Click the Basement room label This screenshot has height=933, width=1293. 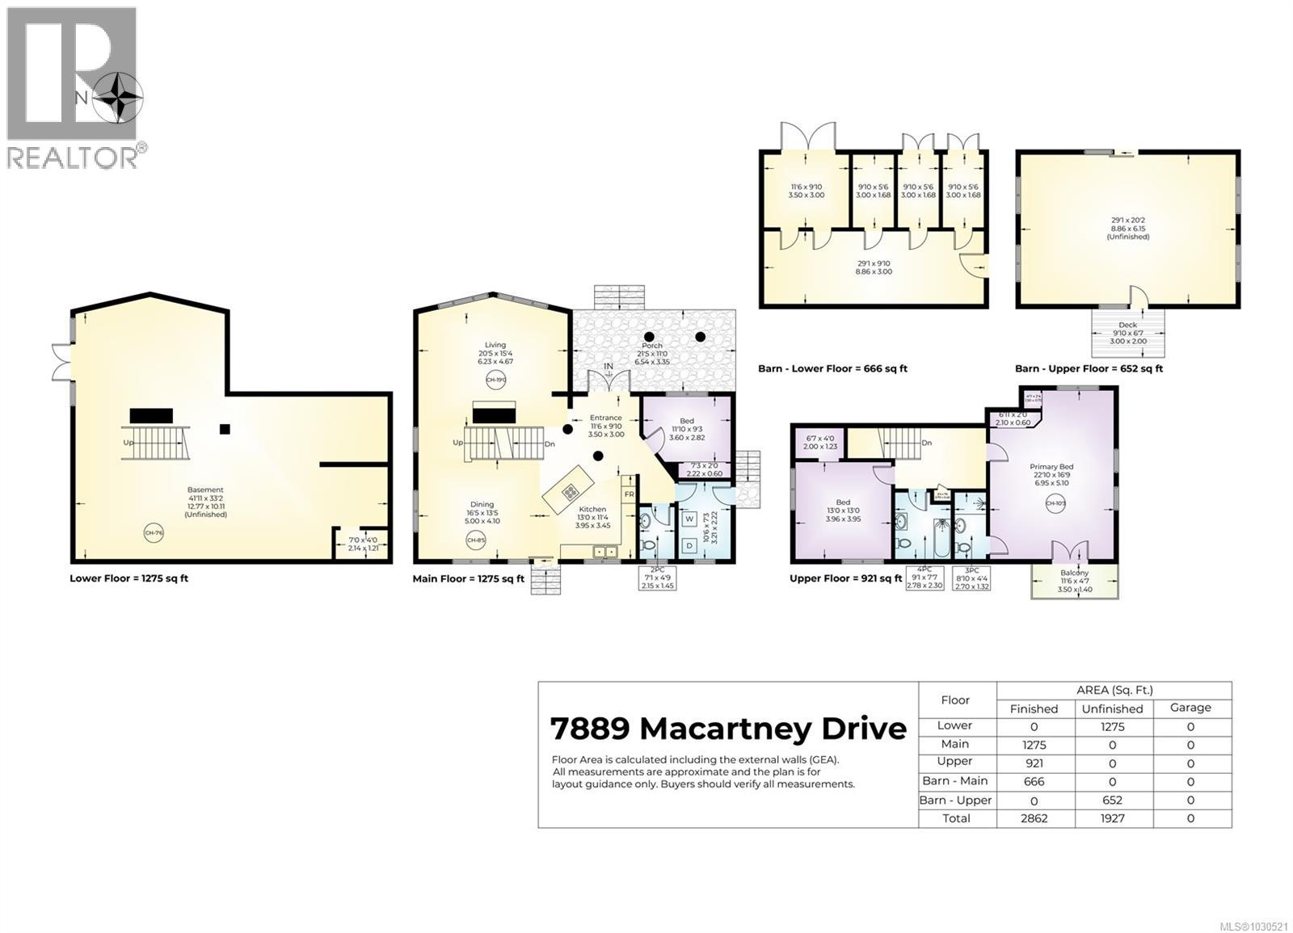click(x=205, y=490)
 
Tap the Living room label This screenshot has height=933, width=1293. click(x=495, y=345)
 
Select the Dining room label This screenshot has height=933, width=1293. click(x=482, y=505)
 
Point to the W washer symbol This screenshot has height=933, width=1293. click(x=690, y=519)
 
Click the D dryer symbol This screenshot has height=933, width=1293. click(x=690, y=545)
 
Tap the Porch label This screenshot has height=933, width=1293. click(x=652, y=346)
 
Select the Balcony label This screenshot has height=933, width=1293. click(x=1074, y=573)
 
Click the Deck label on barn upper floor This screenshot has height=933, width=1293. click(x=1127, y=325)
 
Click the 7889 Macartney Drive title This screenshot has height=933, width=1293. click(x=728, y=729)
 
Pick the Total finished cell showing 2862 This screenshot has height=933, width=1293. click(x=1034, y=818)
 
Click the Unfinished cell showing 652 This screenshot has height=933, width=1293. click(x=1112, y=800)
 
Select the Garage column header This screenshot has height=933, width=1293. click(x=1190, y=708)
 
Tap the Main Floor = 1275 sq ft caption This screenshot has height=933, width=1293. click(x=468, y=578)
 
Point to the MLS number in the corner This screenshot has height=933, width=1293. click(x=1253, y=926)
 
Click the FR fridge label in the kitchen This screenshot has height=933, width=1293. click(x=629, y=494)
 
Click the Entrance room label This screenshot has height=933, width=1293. click(x=605, y=418)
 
